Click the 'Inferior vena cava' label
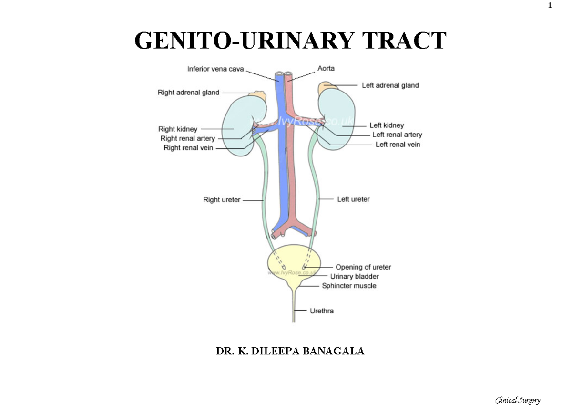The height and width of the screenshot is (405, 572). (215, 69)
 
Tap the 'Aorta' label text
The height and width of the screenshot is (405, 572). (326, 68)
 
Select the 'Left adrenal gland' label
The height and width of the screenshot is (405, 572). (390, 85)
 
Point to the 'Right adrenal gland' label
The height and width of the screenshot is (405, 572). (188, 93)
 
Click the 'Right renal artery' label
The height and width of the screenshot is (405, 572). (187, 138)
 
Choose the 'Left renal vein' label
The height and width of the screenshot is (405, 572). (398, 145)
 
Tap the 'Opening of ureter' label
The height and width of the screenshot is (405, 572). (363, 267)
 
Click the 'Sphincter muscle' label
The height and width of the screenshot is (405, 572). (349, 286)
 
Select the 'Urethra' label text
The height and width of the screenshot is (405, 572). (322, 311)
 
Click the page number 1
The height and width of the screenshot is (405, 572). (549, 6)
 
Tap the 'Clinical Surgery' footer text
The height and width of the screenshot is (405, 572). (518, 400)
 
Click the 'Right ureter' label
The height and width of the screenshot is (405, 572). (222, 200)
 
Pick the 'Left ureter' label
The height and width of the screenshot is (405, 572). (353, 199)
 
